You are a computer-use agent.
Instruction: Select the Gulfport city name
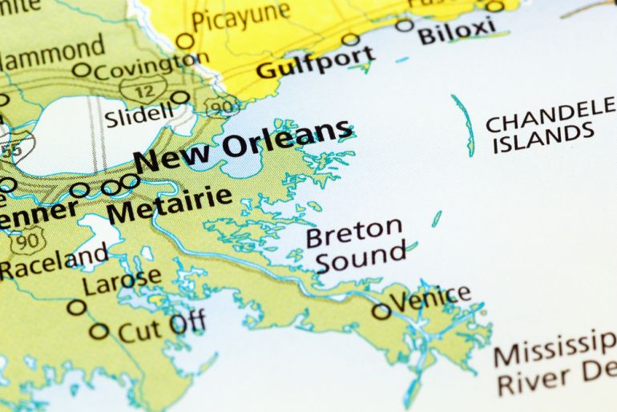[x=314, y=63]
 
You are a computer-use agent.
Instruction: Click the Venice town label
[x=431, y=299]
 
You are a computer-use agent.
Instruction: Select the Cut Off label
[x=161, y=326]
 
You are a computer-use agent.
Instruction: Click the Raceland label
[x=53, y=261]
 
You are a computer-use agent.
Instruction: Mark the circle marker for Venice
[x=381, y=311]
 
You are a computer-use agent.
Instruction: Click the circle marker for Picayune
[x=185, y=41]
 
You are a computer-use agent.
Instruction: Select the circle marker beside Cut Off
[x=99, y=330]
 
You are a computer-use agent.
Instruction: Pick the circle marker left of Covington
[x=82, y=70]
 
